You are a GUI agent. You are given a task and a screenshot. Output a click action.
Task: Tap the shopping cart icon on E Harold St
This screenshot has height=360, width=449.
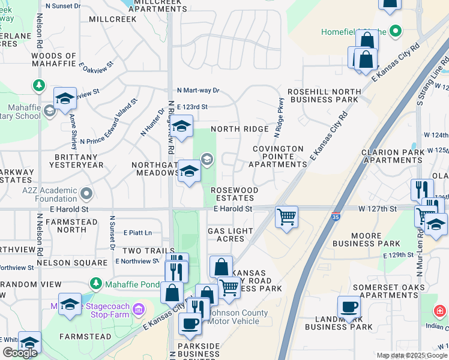tap(287, 217)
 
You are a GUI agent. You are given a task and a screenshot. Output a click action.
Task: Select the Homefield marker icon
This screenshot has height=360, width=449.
tap(396, 31)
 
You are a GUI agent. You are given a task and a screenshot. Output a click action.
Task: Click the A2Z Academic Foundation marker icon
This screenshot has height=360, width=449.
tap(86, 194)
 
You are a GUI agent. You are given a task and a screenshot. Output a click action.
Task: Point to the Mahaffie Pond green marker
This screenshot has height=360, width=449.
tap(95, 283)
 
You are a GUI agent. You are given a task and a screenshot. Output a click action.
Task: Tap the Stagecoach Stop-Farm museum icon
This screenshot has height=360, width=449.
tap(139, 309)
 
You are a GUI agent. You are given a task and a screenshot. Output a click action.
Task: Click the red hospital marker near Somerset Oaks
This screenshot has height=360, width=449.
tap(440, 312)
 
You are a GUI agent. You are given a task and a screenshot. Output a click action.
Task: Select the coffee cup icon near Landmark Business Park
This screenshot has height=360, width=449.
tap(349, 308)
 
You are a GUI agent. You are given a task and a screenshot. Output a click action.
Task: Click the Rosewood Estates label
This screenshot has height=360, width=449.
tap(235, 194)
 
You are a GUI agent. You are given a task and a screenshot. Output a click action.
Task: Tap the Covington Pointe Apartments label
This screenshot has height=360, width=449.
tap(279, 156)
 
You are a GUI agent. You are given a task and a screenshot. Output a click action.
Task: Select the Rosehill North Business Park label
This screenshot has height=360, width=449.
tap(324, 95)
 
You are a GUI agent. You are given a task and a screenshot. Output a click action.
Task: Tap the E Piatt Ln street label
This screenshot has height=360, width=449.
tap(138, 233)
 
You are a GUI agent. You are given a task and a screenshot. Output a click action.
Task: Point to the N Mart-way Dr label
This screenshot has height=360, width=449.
tap(198, 90)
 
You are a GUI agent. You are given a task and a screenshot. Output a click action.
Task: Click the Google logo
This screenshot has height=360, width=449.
tap(20, 353)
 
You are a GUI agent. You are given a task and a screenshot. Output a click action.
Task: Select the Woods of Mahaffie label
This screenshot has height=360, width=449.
tap(53, 60)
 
